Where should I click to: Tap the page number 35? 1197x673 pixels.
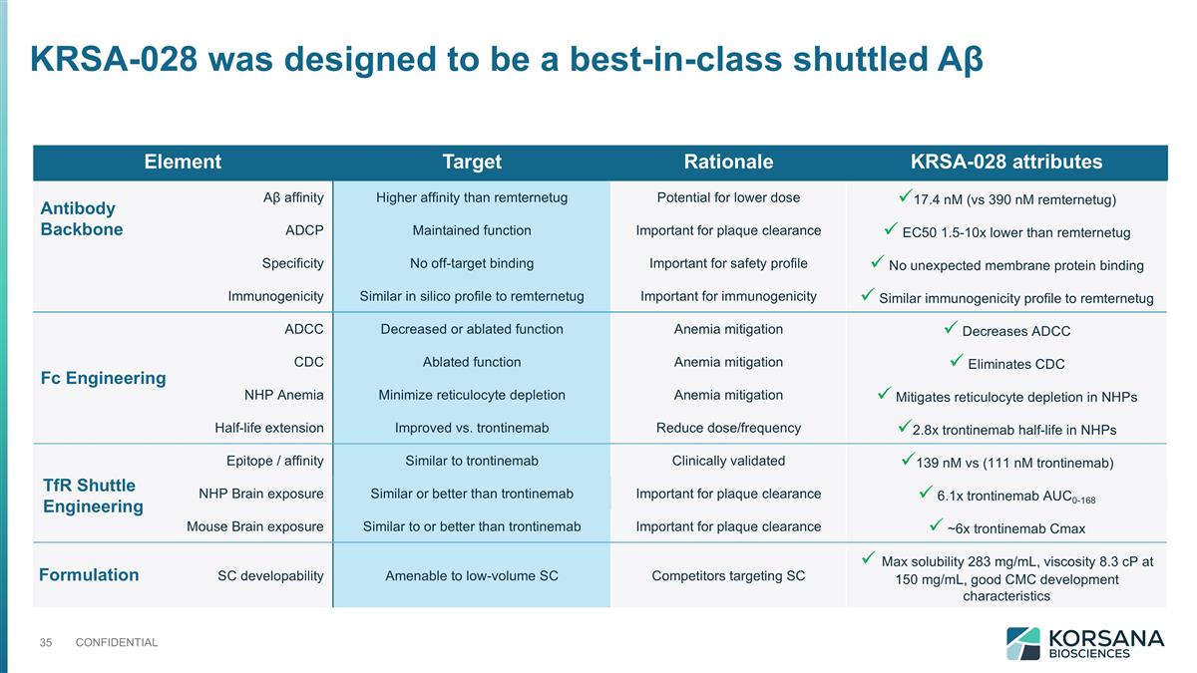(45, 642)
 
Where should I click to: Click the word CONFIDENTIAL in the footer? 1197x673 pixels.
(117, 642)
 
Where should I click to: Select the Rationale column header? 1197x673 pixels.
(728, 162)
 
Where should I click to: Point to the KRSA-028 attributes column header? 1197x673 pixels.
(1005, 162)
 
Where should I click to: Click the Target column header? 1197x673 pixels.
(472, 162)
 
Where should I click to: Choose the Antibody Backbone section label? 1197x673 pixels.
(81, 218)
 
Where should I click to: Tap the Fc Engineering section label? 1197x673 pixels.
(103, 378)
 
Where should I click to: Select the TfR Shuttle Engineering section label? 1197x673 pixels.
(93, 496)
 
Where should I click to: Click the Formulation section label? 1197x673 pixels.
(89, 574)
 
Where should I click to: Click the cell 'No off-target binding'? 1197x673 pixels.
(472, 263)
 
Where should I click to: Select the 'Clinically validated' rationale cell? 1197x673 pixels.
(728, 461)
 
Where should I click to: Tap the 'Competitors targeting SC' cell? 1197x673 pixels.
(728, 575)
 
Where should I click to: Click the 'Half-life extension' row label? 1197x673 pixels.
(268, 428)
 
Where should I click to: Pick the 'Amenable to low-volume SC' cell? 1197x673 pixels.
(472, 575)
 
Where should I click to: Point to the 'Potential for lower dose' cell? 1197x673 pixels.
(728, 196)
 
